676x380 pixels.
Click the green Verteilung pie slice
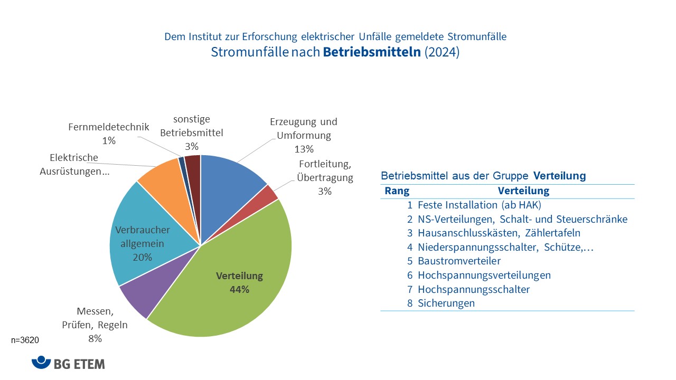click(232, 301)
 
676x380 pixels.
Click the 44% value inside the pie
click(239, 289)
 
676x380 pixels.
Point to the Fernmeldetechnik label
click(109, 127)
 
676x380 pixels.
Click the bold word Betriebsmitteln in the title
click(372, 53)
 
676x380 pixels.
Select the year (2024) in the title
click(442, 53)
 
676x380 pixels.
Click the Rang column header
click(397, 191)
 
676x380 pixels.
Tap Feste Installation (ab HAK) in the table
click(480, 205)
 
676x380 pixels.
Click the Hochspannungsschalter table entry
click(473, 289)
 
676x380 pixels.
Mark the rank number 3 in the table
click(409, 233)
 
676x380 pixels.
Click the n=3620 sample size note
click(25, 341)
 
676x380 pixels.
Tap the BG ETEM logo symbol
click(41, 363)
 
